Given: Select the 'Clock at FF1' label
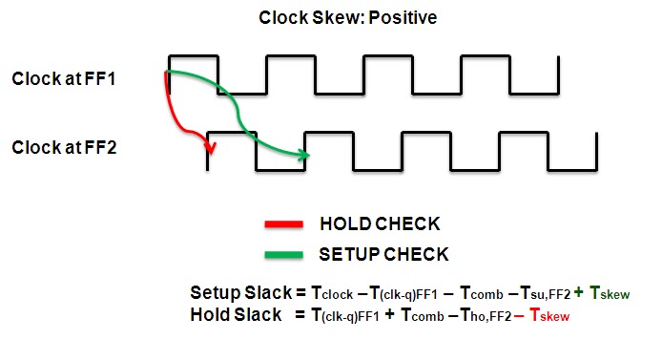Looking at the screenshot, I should coord(64,78).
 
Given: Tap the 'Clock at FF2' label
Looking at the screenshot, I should coord(64,148).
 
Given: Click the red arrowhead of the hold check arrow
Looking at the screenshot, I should coord(211,147).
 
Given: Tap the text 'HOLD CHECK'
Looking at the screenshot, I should coord(380,225).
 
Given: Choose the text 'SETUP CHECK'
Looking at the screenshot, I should coord(384,255).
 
